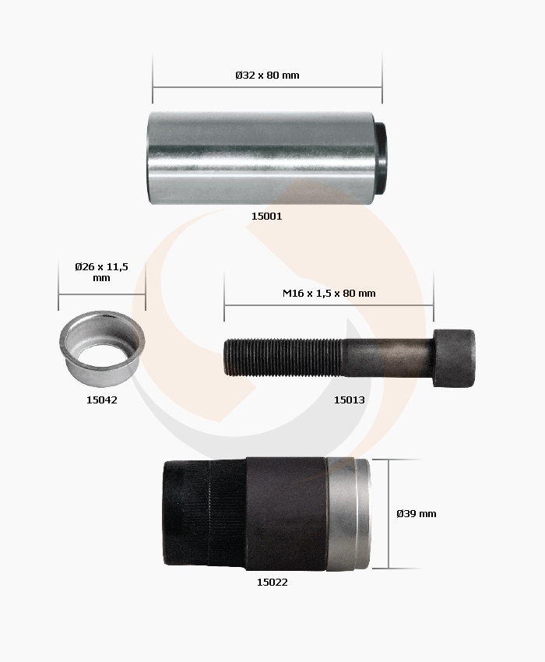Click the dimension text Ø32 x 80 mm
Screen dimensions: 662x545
coord(267,76)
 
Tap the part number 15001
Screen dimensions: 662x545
coord(266,216)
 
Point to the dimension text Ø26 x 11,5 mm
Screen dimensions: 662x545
coord(101,272)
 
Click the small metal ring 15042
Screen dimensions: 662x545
coord(102,350)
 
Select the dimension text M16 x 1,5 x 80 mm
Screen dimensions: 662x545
coord(329,294)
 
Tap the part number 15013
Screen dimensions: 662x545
coord(350,400)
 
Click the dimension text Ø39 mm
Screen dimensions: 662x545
coord(416,513)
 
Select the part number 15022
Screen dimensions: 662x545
coord(272,582)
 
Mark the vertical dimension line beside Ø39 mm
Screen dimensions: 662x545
coord(389,514)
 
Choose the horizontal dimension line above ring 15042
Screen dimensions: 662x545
coord(101,295)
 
